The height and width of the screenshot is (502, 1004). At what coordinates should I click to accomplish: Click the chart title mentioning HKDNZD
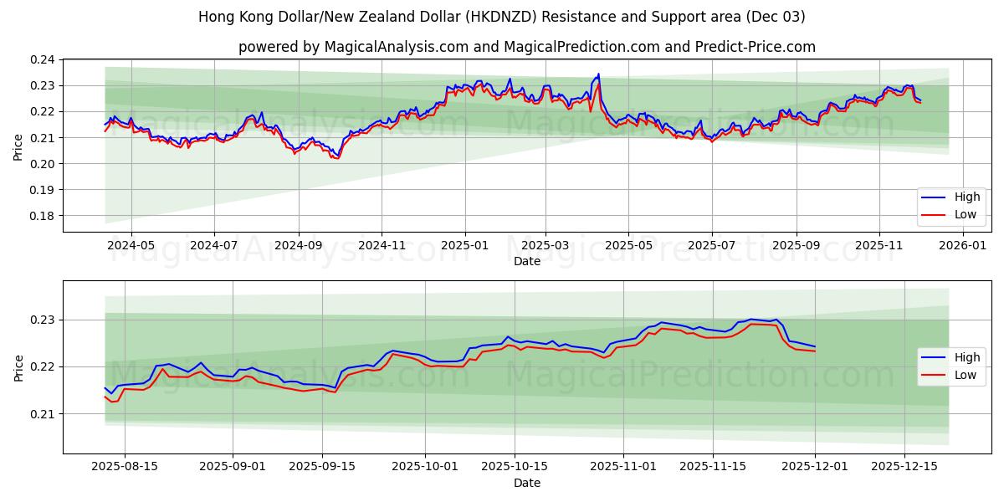(x=502, y=17)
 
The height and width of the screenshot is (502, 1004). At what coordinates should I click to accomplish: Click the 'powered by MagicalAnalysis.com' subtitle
(x=527, y=47)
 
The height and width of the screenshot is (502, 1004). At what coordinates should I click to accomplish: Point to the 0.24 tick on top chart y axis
(x=43, y=60)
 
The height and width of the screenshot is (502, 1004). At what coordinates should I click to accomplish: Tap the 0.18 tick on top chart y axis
(x=43, y=216)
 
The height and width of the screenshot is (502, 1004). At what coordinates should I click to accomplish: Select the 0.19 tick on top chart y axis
(x=43, y=190)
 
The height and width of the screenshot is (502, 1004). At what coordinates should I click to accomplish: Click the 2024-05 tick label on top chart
(x=131, y=245)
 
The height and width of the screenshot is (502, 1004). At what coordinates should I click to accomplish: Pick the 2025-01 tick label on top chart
(x=464, y=245)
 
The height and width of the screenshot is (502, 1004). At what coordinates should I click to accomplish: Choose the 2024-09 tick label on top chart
(x=298, y=245)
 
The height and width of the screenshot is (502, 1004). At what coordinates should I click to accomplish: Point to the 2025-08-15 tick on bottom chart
(x=125, y=467)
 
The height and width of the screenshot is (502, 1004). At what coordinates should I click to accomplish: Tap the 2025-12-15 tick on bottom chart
(x=904, y=467)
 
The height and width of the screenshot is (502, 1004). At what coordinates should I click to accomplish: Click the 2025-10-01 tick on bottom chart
(x=426, y=467)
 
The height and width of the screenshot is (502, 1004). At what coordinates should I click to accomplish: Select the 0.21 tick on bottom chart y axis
(x=43, y=414)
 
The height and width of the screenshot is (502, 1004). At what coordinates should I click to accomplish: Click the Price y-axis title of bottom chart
(x=18, y=367)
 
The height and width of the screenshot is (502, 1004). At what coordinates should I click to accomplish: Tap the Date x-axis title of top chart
(x=527, y=261)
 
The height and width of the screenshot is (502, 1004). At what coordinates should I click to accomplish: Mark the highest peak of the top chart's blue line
(x=598, y=74)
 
